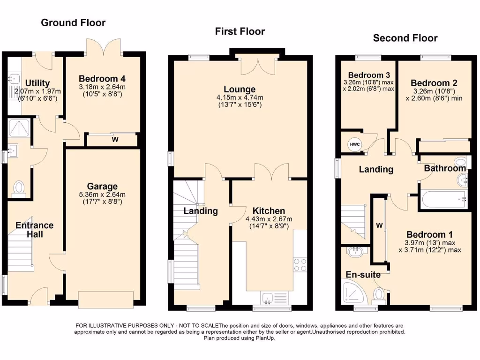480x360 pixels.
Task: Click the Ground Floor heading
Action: click(x=73, y=22)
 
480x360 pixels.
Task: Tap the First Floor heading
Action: click(x=240, y=31)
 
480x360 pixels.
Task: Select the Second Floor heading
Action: click(x=405, y=38)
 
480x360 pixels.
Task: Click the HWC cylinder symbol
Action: click(x=354, y=144)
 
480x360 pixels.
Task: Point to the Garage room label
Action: click(x=102, y=186)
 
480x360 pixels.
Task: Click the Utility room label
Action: click(x=37, y=83)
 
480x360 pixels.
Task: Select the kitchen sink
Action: click(x=269, y=296)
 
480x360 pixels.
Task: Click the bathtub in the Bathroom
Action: click(x=443, y=200)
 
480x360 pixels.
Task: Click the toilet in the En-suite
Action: click(x=379, y=295)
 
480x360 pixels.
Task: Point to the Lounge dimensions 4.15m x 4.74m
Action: click(x=240, y=97)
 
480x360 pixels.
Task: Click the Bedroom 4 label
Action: click(x=102, y=78)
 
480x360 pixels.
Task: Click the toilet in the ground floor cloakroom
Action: click(x=19, y=187)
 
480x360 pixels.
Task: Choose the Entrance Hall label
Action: click(x=35, y=229)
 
